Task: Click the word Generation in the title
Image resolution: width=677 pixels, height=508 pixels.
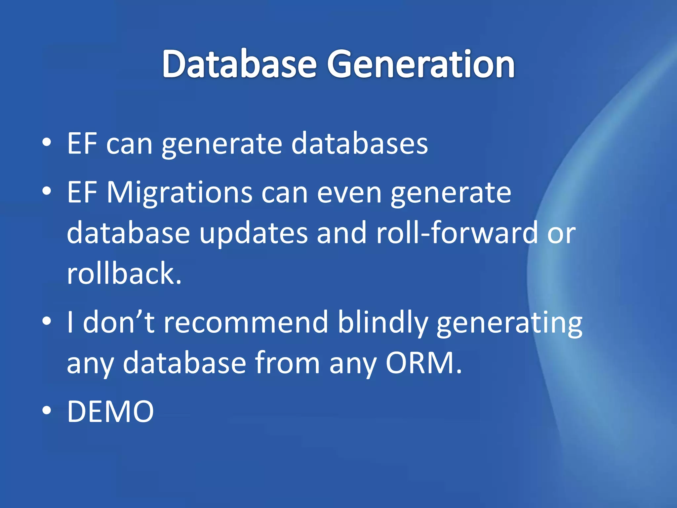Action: point(421,63)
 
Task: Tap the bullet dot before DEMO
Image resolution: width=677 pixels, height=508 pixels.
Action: point(47,410)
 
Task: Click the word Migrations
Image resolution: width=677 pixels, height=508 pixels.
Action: point(179,192)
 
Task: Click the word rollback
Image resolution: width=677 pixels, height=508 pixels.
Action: point(124,273)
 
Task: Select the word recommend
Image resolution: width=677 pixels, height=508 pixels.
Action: point(246,322)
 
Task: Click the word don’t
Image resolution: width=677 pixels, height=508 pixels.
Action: point(119,322)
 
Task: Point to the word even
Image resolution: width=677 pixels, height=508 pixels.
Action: point(349,192)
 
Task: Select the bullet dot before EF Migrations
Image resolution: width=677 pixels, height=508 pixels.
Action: point(47,191)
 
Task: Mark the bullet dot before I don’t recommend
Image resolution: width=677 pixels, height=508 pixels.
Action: point(47,320)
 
